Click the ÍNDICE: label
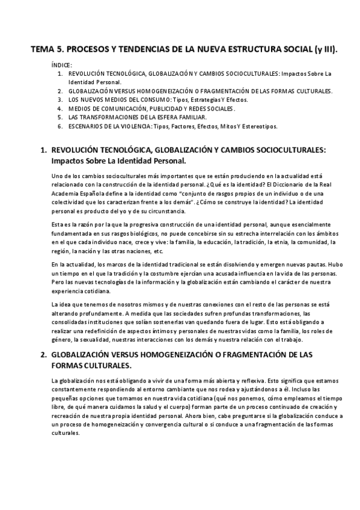(x=62, y=64)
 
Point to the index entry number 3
(x=59, y=99)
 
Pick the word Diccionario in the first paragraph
(x=280, y=183)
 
